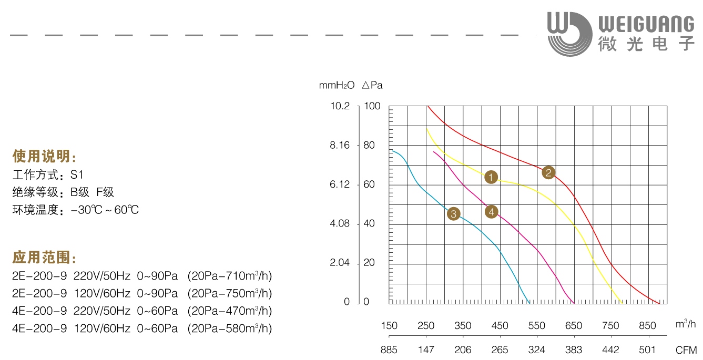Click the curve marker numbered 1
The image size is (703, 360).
pyautogui.click(x=491, y=177)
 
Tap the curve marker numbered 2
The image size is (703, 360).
pyautogui.click(x=548, y=172)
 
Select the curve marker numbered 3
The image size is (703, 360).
pyautogui.click(x=453, y=214)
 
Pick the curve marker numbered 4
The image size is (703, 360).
pyautogui.click(x=491, y=212)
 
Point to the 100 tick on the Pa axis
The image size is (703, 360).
pyautogui.click(x=371, y=106)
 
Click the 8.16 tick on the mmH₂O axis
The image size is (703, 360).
pyautogui.click(x=340, y=146)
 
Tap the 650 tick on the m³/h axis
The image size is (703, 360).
pyautogui.click(x=574, y=326)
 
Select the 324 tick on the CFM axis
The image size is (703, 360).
pyautogui.click(x=537, y=350)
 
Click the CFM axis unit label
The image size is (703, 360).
pyautogui.click(x=686, y=350)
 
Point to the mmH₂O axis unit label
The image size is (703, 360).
pyautogui.click(x=337, y=85)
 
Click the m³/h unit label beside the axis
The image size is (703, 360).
pyautogui.click(x=686, y=324)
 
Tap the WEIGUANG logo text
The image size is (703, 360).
pyautogui.click(x=646, y=24)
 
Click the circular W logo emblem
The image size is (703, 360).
pyautogui.click(x=568, y=34)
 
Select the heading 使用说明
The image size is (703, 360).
pyautogui.click(x=44, y=157)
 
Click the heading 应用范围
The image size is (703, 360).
pyautogui.click(x=44, y=258)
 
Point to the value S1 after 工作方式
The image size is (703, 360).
pyautogui.click(x=77, y=174)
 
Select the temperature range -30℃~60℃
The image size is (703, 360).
pyautogui.click(x=105, y=210)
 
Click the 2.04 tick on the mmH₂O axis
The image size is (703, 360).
pyautogui.click(x=340, y=263)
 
